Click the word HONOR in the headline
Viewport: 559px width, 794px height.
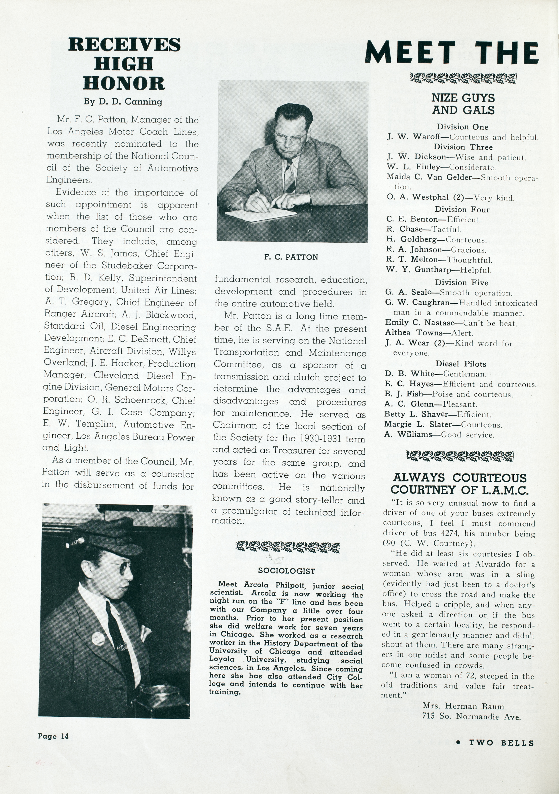pos(124,83)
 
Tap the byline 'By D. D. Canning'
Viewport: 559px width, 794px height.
pos(123,102)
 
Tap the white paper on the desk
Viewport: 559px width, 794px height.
pos(260,215)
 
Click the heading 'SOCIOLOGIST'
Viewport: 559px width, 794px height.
pos(286,571)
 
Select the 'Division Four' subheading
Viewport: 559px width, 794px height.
pos(462,209)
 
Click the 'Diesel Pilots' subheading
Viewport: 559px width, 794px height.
pos(461,364)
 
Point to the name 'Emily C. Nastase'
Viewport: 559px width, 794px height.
pos(420,323)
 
